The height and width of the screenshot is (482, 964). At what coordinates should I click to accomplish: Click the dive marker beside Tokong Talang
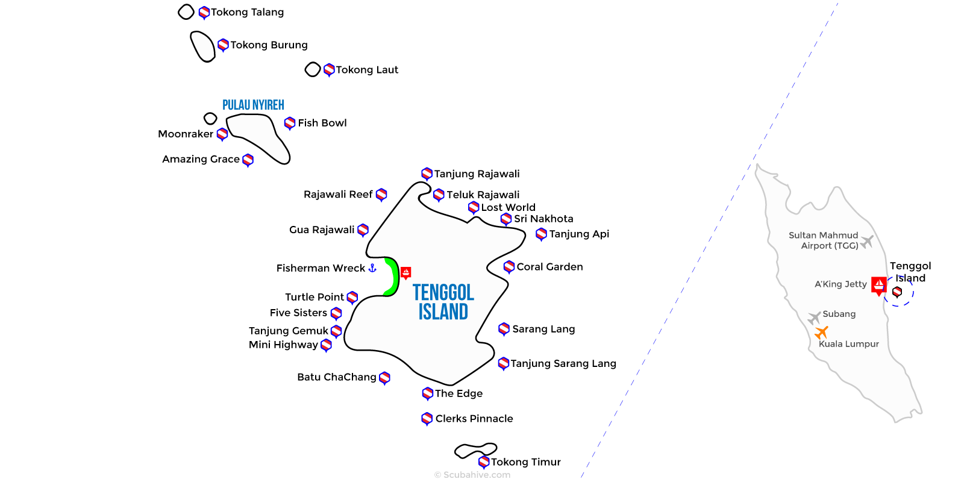[x=204, y=12]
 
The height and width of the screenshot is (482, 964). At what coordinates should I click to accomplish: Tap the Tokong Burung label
[x=269, y=45]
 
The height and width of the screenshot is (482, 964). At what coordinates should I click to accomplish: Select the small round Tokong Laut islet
[x=312, y=70]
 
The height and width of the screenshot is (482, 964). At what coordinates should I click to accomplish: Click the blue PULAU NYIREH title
[x=253, y=105]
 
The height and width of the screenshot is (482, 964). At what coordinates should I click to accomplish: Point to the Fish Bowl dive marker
[x=290, y=123]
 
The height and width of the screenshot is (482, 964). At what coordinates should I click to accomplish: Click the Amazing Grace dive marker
[x=248, y=160]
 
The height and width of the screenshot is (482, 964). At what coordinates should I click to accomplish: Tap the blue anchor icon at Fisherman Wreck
[x=372, y=268]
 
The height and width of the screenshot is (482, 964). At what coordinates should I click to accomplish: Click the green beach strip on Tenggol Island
[x=393, y=277]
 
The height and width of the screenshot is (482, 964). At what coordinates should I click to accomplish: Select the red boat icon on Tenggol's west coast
[x=406, y=273]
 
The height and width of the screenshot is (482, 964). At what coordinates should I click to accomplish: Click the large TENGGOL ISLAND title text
[x=443, y=302]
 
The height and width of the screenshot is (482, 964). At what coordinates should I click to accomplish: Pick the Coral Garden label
[x=549, y=267]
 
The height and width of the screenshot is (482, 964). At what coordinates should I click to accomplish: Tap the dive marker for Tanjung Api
[x=541, y=234]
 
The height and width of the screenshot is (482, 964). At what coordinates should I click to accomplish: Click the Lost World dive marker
[x=474, y=207]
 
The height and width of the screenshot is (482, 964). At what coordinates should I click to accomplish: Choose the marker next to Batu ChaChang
[x=384, y=378]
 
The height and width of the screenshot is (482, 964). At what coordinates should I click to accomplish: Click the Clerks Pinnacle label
[x=474, y=419]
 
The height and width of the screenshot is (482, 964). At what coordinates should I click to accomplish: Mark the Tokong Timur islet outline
[x=475, y=449]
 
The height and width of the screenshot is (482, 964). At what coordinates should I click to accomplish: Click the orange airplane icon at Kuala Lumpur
[x=821, y=332]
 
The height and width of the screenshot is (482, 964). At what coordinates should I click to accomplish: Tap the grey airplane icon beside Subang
[x=814, y=317]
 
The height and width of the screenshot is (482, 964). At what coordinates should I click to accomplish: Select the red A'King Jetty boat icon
[x=879, y=284]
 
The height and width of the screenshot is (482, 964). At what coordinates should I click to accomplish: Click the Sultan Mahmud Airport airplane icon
[x=867, y=242]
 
